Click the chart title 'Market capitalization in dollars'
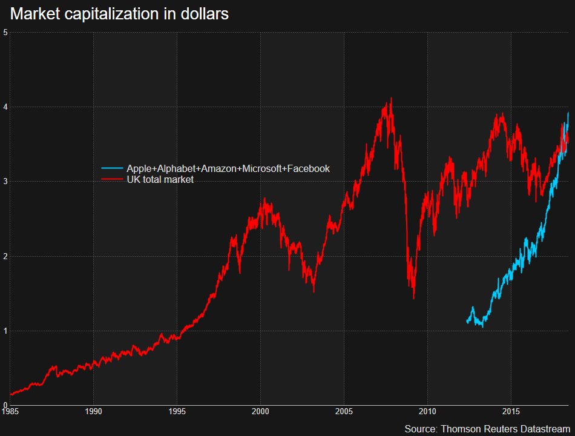coord(119,14)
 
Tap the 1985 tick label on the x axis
coord(10,411)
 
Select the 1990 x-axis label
coord(93,411)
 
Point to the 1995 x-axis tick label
coord(177,411)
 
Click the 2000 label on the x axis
coord(260,411)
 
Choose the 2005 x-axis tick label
coord(344,411)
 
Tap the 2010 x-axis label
coord(427,411)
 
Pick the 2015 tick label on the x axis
coord(511,411)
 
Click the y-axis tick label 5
coord(5,32)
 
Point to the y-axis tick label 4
coord(5,107)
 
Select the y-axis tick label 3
coord(5,182)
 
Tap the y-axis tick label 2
coord(5,256)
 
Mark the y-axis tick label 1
coord(5,331)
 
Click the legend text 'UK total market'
coord(160,180)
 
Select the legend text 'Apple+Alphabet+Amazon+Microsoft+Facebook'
coord(228,168)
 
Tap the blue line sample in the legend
coord(112,168)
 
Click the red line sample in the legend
coord(112,180)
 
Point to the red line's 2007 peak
coord(391,99)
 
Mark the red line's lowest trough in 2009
coord(413,298)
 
